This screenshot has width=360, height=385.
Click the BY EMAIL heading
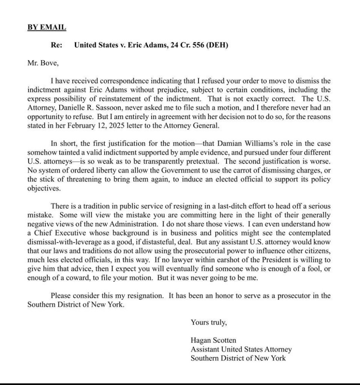pyautogui.click(x=46, y=27)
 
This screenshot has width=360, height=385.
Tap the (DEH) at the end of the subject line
pyautogui.click(x=218, y=45)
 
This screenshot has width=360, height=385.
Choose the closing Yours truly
pyautogui.click(x=208, y=322)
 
